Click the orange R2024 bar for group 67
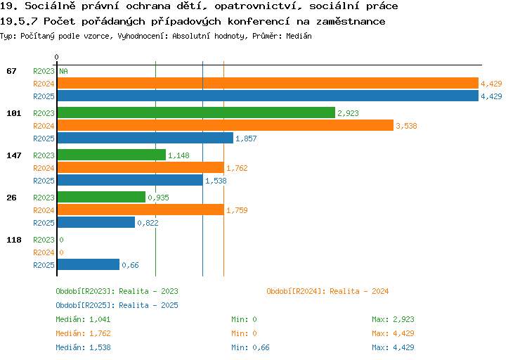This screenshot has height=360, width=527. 268,83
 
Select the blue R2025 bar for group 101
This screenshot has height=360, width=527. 145,138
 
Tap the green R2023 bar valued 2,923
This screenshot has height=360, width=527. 196,112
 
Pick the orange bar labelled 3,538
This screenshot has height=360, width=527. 225,125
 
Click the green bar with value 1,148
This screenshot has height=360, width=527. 112,155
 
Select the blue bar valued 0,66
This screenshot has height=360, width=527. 89,264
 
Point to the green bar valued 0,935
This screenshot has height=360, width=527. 101,197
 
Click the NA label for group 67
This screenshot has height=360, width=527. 63,71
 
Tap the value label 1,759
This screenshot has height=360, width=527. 237,210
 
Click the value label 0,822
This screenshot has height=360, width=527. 148,223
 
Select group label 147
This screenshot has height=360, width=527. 14,155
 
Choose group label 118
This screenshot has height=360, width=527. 14,240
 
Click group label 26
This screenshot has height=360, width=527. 11,198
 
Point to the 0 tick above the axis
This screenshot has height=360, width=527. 56,57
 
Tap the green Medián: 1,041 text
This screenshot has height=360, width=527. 83,319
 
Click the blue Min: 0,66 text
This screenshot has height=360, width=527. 250,347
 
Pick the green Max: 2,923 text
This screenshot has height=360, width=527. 393,319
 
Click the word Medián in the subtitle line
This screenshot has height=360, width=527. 299,36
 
